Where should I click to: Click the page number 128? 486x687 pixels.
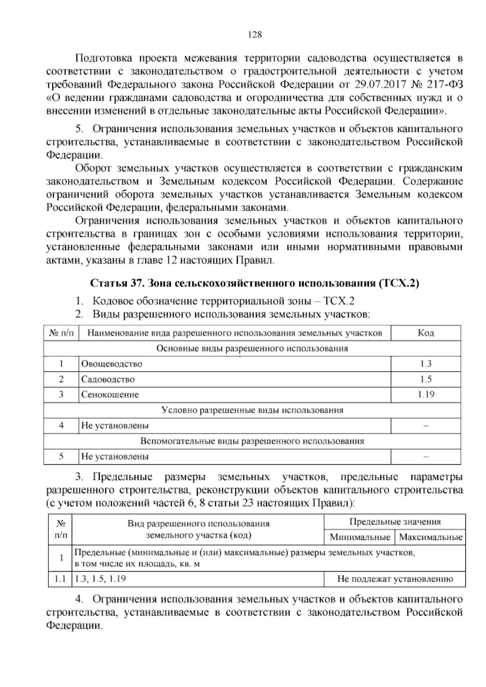tap(255, 35)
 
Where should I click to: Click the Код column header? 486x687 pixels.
tap(426, 333)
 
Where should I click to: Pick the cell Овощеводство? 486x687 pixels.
tap(112, 364)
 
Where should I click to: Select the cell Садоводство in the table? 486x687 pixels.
tap(108, 380)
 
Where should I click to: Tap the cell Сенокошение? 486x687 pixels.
tap(110, 395)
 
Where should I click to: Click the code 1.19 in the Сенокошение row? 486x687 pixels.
tap(426, 395)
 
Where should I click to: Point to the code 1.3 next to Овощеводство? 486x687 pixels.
tap(426, 364)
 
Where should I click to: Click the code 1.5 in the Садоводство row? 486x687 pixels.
tap(426, 380)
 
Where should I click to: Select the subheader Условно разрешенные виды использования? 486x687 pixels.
tap(252, 410)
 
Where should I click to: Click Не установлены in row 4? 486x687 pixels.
tap(115, 426)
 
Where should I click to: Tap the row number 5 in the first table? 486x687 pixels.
tap(61, 457)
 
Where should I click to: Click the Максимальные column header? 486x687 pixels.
tap(431, 538)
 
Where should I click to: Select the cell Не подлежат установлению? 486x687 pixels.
tap(395, 579)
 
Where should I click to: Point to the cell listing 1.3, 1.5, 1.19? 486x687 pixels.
tap(99, 579)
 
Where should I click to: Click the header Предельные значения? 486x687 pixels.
tap(395, 522)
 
